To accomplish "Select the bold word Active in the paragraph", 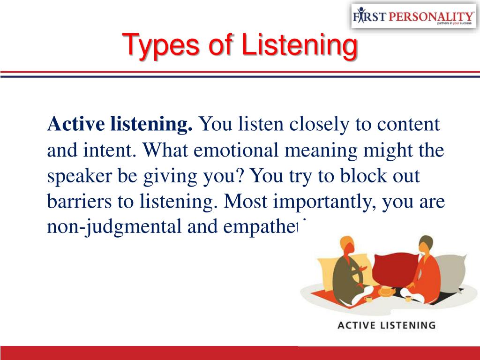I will (x=76, y=125).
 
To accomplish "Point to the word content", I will (x=409, y=125).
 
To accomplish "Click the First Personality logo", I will (x=413, y=16).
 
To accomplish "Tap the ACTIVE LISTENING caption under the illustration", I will (x=386, y=325).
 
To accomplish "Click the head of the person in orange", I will (x=426, y=244).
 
